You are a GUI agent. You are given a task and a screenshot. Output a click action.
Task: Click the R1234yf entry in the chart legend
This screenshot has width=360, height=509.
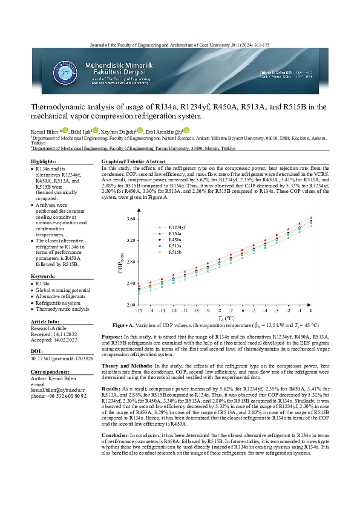177,226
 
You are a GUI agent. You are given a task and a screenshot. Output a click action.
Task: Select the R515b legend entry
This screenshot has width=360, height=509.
176,252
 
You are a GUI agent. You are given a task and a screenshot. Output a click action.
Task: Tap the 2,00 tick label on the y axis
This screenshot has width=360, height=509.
131,305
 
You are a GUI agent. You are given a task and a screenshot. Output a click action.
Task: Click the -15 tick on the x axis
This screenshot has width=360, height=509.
139,310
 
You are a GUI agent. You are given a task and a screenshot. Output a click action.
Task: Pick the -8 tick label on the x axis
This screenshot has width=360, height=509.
220,310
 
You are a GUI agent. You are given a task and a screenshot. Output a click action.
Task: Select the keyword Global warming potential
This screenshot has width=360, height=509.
63,291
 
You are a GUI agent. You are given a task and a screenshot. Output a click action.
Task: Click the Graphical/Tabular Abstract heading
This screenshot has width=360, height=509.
133,162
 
